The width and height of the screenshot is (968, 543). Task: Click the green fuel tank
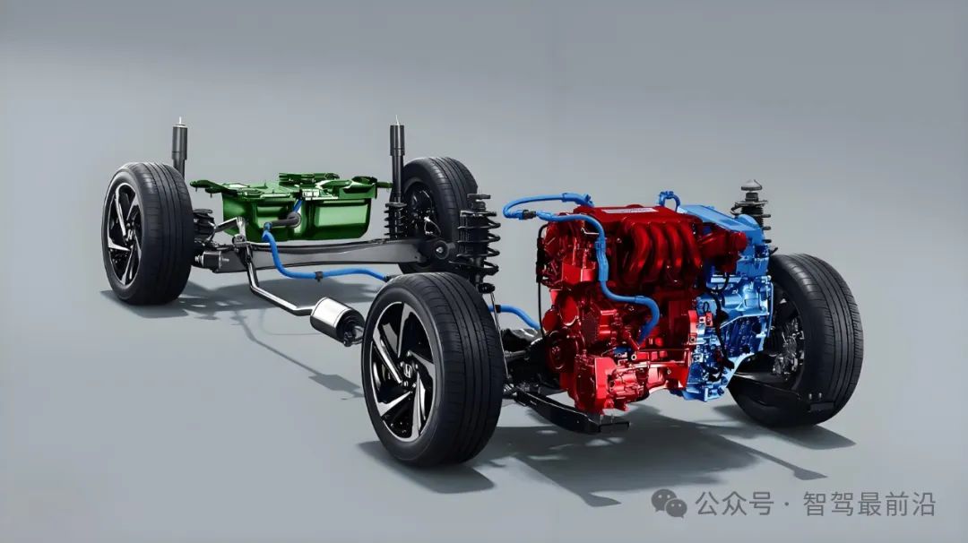coord(297,207)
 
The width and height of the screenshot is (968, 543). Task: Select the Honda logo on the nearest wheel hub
coord(407,370)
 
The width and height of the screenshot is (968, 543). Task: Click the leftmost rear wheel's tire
coord(148,233)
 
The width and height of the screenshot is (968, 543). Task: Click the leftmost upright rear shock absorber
coord(179,148)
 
